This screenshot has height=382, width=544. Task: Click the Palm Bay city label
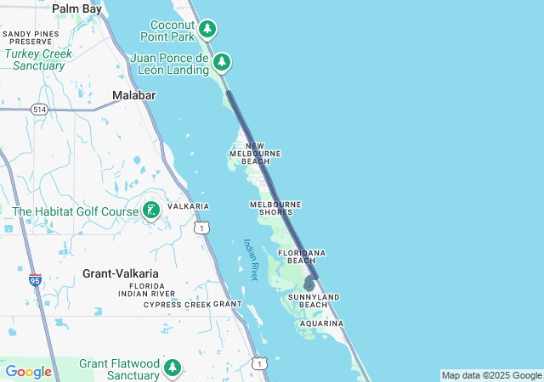(x=76, y=8)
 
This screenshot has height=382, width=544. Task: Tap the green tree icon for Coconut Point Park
(x=207, y=30)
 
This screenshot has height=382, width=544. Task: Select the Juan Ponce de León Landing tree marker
(x=222, y=62)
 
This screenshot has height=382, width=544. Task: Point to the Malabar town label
(x=134, y=96)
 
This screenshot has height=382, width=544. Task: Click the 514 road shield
(x=39, y=110)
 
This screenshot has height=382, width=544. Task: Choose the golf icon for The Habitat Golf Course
(x=151, y=210)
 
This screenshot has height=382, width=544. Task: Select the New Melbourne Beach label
(x=255, y=154)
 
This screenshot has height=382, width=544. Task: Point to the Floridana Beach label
(x=302, y=256)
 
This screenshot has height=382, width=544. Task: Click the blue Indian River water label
(x=252, y=260)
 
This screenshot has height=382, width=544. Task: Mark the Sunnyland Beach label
(x=314, y=301)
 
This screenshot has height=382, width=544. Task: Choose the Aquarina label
(x=321, y=323)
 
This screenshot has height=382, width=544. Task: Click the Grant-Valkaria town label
(x=120, y=273)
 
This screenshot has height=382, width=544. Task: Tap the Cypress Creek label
(x=177, y=304)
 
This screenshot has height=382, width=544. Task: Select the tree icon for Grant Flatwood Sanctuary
(x=173, y=368)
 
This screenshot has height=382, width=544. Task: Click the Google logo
(x=28, y=372)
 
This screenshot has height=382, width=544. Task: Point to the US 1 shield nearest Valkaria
(x=201, y=228)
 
